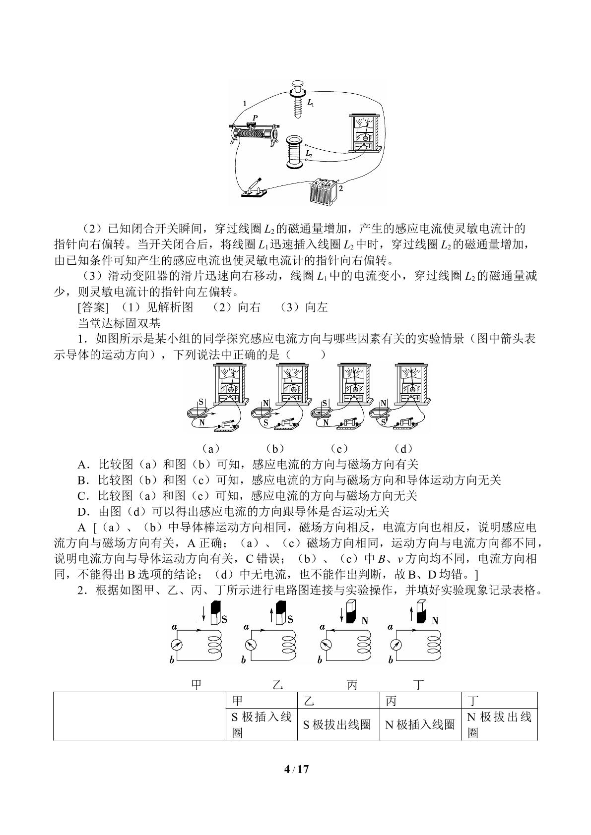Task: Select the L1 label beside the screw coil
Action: tap(311, 103)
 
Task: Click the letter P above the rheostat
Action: tap(255, 118)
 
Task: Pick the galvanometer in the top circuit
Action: tap(365, 133)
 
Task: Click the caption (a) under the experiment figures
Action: tap(211, 448)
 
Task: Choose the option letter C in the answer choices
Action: tap(82, 496)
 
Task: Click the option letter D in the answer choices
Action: tap(82, 511)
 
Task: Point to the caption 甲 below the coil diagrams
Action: tap(196, 685)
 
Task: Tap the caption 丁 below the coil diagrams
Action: tap(419, 685)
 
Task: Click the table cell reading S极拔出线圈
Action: tap(337, 724)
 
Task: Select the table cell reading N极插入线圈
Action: tap(420, 724)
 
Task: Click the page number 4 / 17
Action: tap(296, 769)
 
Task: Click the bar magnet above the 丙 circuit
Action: tap(351, 612)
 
